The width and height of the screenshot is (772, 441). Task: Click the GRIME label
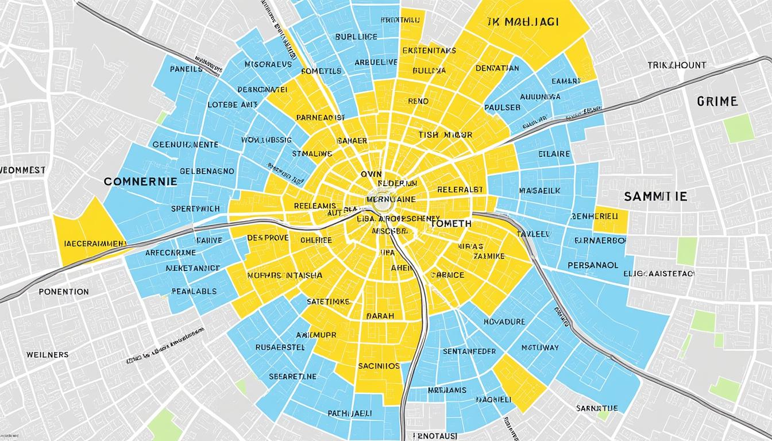pos(717,102)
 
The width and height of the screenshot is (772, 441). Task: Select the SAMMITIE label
pos(655,196)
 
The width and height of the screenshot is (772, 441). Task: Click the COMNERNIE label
pos(140,181)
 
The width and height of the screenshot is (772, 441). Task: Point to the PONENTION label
pos(64,292)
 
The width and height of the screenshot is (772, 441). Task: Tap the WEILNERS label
pos(47,354)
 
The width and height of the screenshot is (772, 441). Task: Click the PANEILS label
pos(186,69)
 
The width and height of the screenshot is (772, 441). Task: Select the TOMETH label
pos(450,223)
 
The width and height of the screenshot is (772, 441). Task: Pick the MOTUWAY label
pos(540,347)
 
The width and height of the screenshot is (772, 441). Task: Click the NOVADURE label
pos(504,322)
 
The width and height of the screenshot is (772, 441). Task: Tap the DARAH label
pos(380,315)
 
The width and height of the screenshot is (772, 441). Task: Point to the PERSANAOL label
pos(593,266)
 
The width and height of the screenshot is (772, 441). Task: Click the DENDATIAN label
pos(497,68)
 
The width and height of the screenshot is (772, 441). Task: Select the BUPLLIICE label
pos(356,37)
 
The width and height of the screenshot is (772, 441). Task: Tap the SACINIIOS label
pos(379,365)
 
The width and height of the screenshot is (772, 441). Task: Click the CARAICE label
pos(446,274)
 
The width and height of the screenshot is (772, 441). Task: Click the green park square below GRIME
pos(738,128)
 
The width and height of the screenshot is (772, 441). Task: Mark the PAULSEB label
pos(502,107)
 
